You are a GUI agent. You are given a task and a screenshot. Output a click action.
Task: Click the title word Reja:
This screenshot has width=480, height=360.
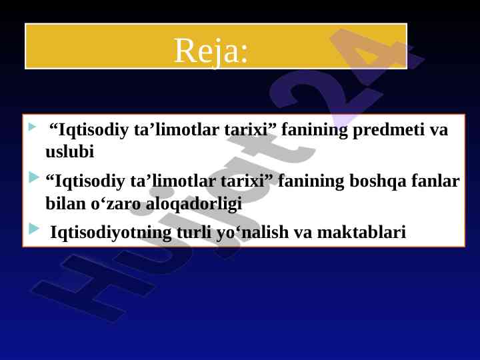click(x=211, y=51)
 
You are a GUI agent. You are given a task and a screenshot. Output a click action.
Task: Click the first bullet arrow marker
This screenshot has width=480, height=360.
click(x=32, y=127)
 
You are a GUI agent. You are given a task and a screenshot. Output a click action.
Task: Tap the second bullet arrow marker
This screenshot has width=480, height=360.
click(x=34, y=177)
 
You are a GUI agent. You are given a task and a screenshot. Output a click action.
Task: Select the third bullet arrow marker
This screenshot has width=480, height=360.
click(x=34, y=229)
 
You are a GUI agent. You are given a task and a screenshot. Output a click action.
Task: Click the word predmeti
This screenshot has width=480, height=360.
click(x=389, y=130)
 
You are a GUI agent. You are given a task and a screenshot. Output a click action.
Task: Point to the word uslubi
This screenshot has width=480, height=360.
click(x=69, y=151)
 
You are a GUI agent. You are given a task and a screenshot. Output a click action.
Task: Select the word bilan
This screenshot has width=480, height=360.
click(x=65, y=203)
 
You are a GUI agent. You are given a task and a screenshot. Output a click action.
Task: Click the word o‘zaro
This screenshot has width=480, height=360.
click(x=115, y=203)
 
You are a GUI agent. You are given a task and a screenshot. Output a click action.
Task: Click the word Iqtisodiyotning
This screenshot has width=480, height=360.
click(x=111, y=233)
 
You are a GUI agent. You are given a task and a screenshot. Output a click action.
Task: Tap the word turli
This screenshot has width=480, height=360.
click(x=194, y=232)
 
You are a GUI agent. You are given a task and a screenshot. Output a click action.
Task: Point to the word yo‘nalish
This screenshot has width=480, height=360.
click(x=253, y=233)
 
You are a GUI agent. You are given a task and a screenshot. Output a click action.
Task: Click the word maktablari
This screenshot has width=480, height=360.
click(x=361, y=232)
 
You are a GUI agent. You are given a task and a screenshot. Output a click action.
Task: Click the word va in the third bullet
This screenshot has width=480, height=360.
click(x=303, y=233)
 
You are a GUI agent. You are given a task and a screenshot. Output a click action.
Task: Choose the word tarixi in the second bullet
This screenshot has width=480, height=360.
click(x=247, y=181)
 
